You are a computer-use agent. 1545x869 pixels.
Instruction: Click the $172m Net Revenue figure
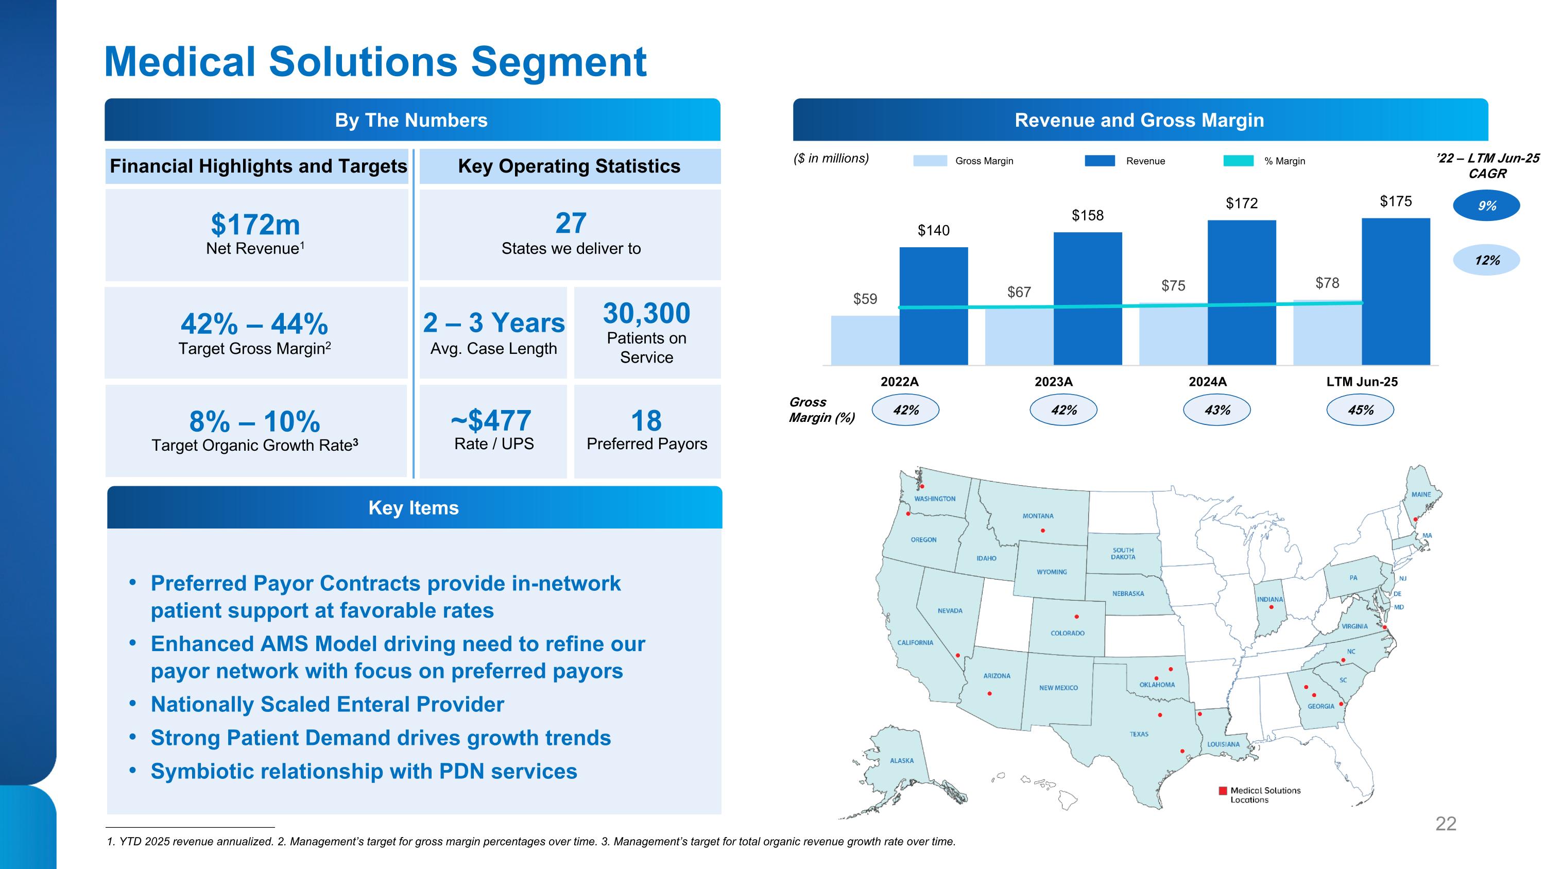(255, 225)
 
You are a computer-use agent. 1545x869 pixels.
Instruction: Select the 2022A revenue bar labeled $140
(933, 306)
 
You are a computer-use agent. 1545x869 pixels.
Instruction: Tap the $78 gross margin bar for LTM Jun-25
(1327, 333)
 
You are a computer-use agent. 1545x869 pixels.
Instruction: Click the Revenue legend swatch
(1100, 161)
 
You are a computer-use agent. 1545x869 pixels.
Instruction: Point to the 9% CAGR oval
(1486, 206)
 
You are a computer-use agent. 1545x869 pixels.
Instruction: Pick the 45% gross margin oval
(1360, 410)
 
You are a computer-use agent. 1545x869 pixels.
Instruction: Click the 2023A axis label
(1053, 381)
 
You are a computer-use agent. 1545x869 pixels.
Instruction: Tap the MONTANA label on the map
(1038, 516)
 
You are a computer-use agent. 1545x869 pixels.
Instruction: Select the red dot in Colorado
(1076, 617)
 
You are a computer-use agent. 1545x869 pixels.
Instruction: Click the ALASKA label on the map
(901, 760)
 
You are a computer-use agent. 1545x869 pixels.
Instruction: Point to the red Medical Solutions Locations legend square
(1222, 790)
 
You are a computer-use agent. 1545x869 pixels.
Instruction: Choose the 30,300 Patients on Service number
(646, 314)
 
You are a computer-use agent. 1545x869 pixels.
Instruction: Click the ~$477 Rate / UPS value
(491, 420)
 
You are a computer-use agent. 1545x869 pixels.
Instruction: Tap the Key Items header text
(413, 508)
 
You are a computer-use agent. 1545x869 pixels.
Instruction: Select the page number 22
(1446, 824)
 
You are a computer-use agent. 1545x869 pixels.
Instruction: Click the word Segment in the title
(558, 62)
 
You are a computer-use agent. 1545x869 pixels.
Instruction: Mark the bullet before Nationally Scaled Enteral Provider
(133, 704)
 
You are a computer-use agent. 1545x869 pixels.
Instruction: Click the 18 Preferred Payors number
(646, 420)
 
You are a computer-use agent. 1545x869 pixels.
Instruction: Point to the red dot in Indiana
(1271, 607)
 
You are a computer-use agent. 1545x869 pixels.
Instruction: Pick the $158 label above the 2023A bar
(1087, 215)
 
